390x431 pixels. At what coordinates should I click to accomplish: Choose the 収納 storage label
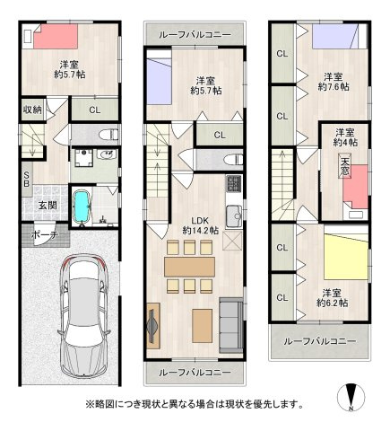(x=32, y=110)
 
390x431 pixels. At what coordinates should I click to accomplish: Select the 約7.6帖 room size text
(x=333, y=88)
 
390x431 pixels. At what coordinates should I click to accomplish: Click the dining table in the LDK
(x=190, y=267)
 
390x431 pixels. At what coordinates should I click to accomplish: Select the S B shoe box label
(x=29, y=179)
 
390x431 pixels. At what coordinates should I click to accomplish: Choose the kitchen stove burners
(x=231, y=185)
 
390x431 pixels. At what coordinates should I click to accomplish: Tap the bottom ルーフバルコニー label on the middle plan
(x=195, y=372)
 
